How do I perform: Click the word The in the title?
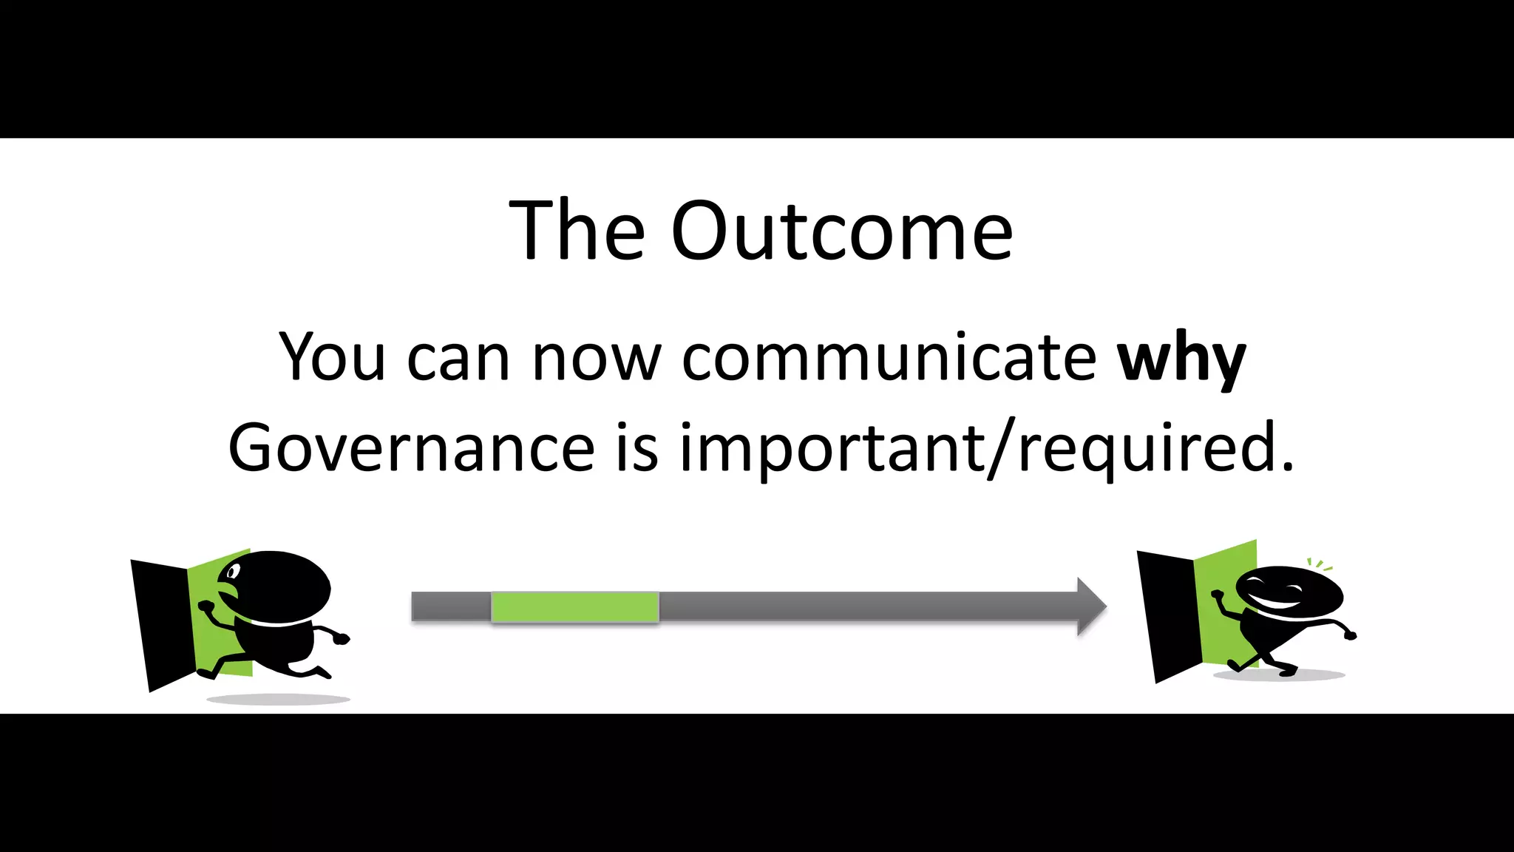coord(577,231)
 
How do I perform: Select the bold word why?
coord(1181,359)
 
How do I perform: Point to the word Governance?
coord(411,448)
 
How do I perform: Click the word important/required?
coord(986,448)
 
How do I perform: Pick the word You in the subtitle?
coord(332,359)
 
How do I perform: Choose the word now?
coord(596,359)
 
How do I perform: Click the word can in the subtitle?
coord(458,359)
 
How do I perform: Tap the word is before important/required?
coord(637,448)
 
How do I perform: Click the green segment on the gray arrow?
coord(574,607)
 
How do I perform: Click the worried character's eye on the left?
coord(234,572)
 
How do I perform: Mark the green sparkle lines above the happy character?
coord(1320,564)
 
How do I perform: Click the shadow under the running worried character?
coord(278,699)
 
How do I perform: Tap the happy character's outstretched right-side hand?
coord(1349,635)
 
